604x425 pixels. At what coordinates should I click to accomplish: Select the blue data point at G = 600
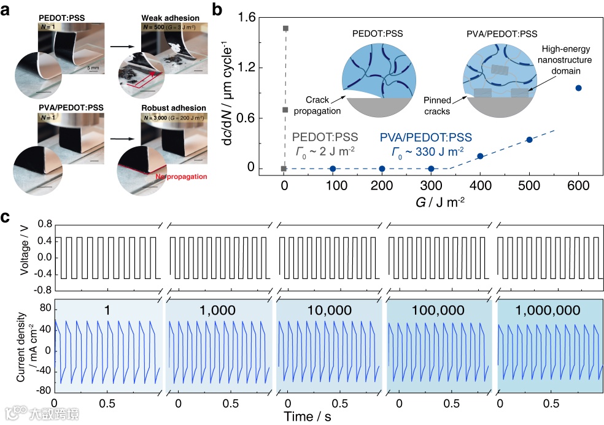[578, 88]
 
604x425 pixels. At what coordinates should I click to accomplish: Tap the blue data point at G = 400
[480, 156]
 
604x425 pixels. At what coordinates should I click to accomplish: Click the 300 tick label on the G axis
[431, 184]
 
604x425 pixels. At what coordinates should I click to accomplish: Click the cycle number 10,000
[328, 310]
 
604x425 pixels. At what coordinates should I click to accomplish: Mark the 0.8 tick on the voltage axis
[42, 225]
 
